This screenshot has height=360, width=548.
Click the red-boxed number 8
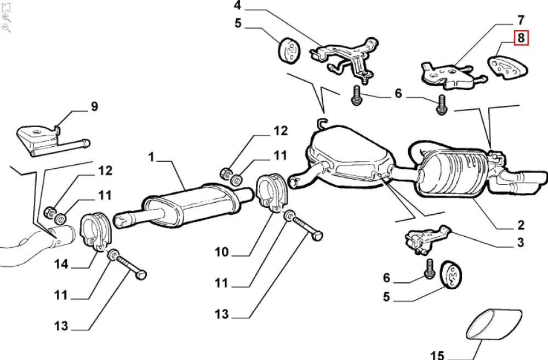(x=521, y=38)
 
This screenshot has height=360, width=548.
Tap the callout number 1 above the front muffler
(x=152, y=157)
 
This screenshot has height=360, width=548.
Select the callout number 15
(x=437, y=355)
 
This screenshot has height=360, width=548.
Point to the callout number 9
(x=94, y=106)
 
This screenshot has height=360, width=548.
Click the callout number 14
(x=61, y=265)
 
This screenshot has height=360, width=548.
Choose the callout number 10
(x=221, y=252)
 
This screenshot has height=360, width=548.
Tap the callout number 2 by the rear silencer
(x=520, y=225)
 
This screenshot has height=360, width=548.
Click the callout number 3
(x=520, y=242)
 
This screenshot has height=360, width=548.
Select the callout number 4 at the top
(x=237, y=6)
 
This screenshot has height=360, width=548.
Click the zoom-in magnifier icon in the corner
(x=7, y=18)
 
